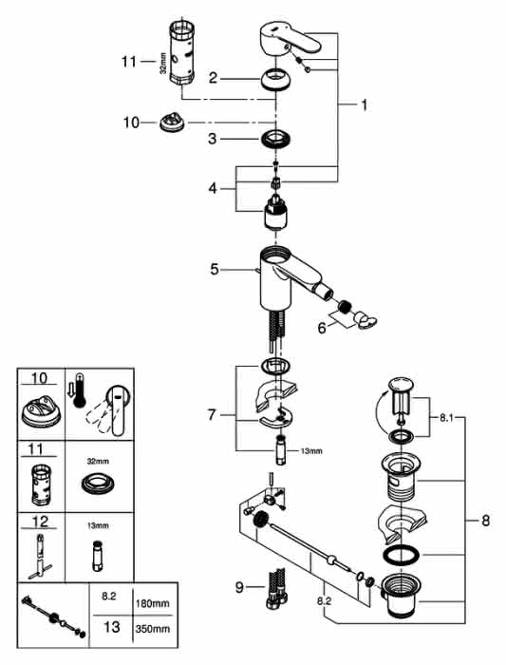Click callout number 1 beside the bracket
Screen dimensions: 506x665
coord(364,104)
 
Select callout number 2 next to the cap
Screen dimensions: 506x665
coord(214,78)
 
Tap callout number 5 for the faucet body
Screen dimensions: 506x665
coord(215,269)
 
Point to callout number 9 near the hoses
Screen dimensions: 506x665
coord(239,587)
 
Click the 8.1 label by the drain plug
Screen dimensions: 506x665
coord(446,418)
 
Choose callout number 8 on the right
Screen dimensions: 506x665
coord(485,520)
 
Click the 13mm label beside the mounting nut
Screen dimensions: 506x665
coord(311,451)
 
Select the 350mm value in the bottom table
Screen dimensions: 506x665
coord(153,629)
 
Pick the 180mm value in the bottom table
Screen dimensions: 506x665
coord(153,603)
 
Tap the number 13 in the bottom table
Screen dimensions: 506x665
coord(111,626)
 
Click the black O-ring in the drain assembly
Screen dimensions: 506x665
coord(401,555)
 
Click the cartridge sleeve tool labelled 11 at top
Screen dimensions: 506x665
coord(182,52)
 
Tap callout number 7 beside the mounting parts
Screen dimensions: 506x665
coord(212,414)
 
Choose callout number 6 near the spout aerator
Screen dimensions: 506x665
coord(322,328)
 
